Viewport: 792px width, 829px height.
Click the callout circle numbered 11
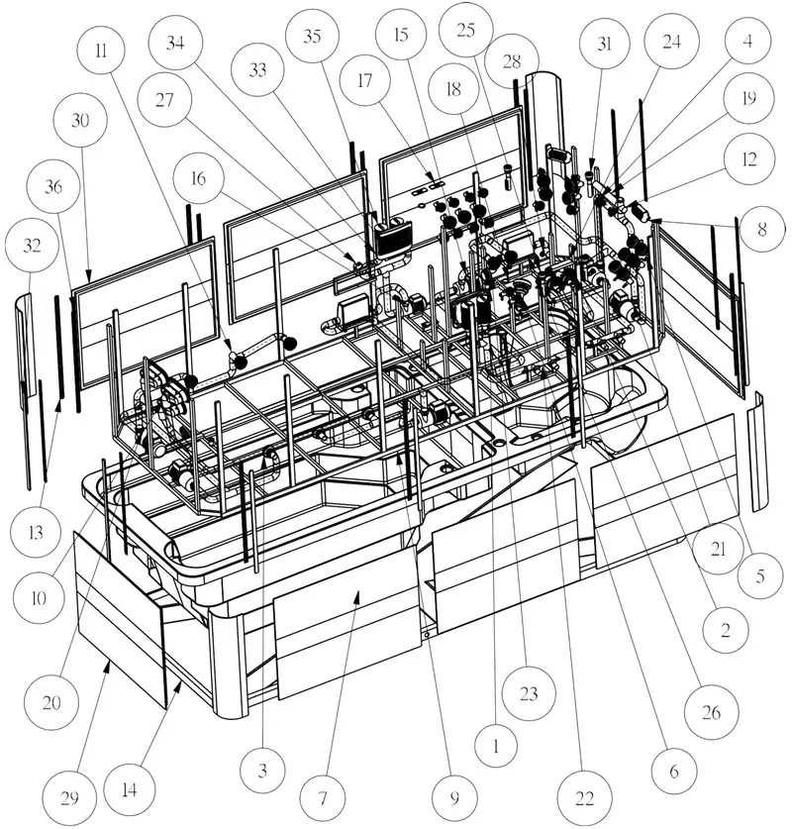coord(101,51)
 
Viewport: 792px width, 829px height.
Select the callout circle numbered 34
coord(175,43)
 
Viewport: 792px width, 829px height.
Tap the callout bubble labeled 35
coord(312,36)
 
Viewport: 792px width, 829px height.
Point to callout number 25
coord(465,30)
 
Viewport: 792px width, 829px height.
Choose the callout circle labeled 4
coord(747,41)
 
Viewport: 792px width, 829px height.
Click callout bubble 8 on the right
coord(761,229)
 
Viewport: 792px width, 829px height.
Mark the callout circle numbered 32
coord(32,246)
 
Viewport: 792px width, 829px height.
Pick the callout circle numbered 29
coord(69,798)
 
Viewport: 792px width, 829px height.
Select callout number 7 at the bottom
coord(323,798)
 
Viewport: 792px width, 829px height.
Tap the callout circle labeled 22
coord(584,798)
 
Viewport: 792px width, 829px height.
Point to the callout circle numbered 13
coord(36,532)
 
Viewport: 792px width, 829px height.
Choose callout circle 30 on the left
coord(80,121)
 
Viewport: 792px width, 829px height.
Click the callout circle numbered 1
coord(496,747)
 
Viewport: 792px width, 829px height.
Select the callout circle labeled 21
coord(718,550)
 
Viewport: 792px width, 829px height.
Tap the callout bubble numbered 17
coord(365,81)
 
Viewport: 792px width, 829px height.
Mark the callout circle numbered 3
coord(262,771)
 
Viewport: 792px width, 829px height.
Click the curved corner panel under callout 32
coord(25,352)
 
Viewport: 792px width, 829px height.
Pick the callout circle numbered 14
coord(130,789)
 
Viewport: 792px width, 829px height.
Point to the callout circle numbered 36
coord(53,186)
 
